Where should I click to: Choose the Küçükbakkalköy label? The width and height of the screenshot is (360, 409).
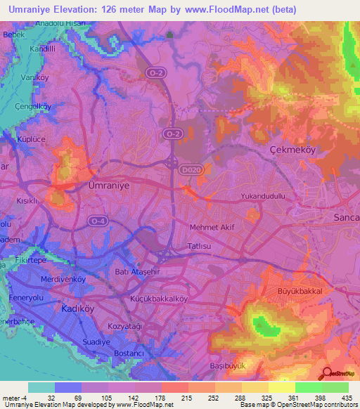160,298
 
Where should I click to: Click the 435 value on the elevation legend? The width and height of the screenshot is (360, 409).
345,398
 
